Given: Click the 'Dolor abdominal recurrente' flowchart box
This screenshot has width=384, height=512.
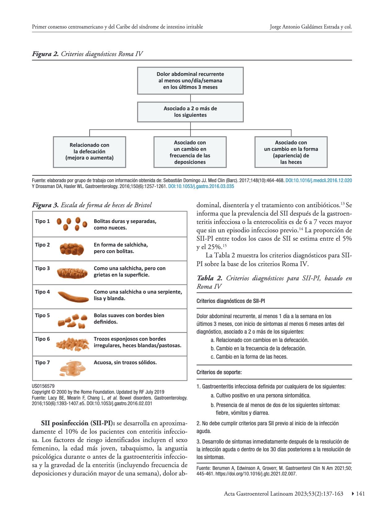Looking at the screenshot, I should (x=190, y=81).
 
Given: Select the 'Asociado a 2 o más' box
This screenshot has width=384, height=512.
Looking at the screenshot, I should (x=190, y=112).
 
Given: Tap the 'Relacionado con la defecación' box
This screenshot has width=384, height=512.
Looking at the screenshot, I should (x=89, y=152).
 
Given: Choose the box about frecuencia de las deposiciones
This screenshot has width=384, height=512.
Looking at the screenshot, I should (x=190, y=152).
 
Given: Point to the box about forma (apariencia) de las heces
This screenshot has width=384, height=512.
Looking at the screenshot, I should (x=291, y=152).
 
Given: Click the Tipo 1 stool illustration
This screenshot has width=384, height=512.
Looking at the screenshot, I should (x=71, y=224).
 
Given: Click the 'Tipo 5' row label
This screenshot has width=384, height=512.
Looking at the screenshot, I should (x=42, y=315).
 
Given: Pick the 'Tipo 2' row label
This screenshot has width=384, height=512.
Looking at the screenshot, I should (x=42, y=245).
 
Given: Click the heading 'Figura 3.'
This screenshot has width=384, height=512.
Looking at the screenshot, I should (x=45, y=205).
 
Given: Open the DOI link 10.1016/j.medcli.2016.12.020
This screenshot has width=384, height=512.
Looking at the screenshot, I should (x=318, y=180).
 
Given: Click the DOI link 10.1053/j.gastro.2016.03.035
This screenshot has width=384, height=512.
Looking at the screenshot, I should (x=201, y=186).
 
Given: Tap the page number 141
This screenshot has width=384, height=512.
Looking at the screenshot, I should (x=360, y=494).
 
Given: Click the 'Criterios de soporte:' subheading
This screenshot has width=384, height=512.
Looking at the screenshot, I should (x=219, y=372).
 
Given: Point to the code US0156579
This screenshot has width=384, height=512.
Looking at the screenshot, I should (x=43, y=386).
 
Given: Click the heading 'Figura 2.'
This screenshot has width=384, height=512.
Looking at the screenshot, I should (x=45, y=54).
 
